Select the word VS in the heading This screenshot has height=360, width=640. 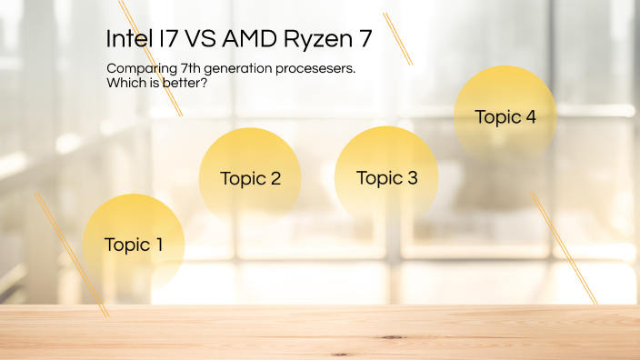tap(203, 40)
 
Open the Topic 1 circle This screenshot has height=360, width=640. tap(134, 244)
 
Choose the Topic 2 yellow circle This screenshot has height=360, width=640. tap(250, 178)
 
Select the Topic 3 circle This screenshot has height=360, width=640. tap(386, 177)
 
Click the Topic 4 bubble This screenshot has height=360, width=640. tap(505, 117)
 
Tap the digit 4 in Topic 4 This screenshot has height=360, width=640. tap(530, 116)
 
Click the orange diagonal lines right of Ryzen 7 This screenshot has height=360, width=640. tap(398, 38)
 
